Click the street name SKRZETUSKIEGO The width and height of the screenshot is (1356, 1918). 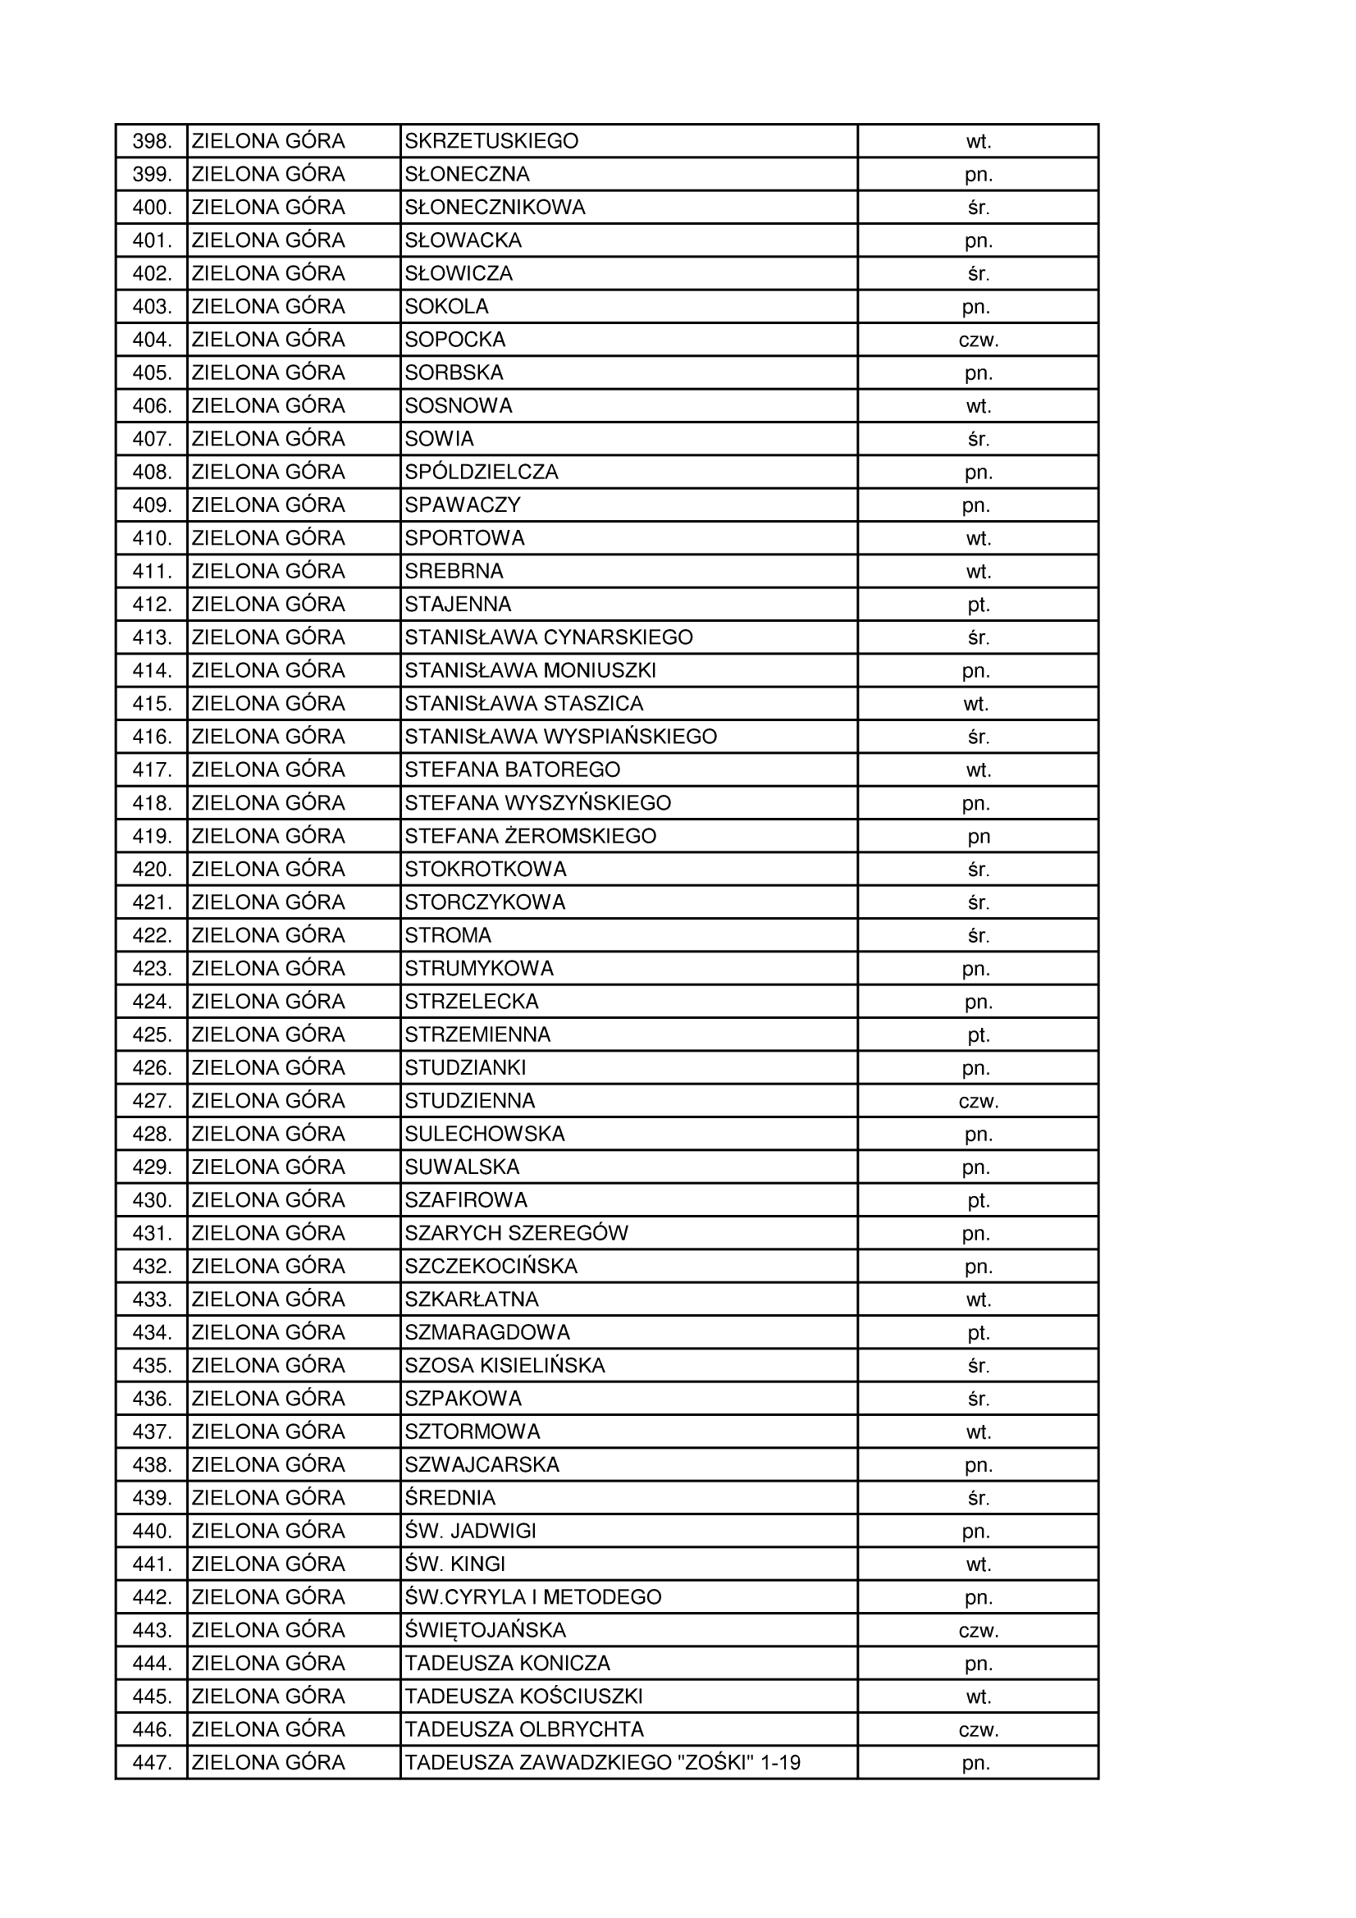491,141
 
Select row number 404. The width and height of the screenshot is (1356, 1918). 152,340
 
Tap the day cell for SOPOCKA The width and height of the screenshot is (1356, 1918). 979,340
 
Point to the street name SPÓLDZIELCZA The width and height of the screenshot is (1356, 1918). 482,472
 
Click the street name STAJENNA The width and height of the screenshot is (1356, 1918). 458,604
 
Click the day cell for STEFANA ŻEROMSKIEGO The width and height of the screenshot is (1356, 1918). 979,836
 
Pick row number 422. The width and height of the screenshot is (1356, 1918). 152,935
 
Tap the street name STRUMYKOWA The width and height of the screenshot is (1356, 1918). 479,968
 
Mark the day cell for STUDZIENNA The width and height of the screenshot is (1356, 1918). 979,1101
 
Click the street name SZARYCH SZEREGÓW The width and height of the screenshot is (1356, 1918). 515,1233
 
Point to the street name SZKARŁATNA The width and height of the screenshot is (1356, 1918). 471,1299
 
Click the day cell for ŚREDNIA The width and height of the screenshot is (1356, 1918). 979,1498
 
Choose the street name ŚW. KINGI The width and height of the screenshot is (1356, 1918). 454,1564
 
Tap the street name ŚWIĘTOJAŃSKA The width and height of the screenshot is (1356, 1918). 485,1630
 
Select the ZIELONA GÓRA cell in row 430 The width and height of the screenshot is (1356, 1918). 268,1200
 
